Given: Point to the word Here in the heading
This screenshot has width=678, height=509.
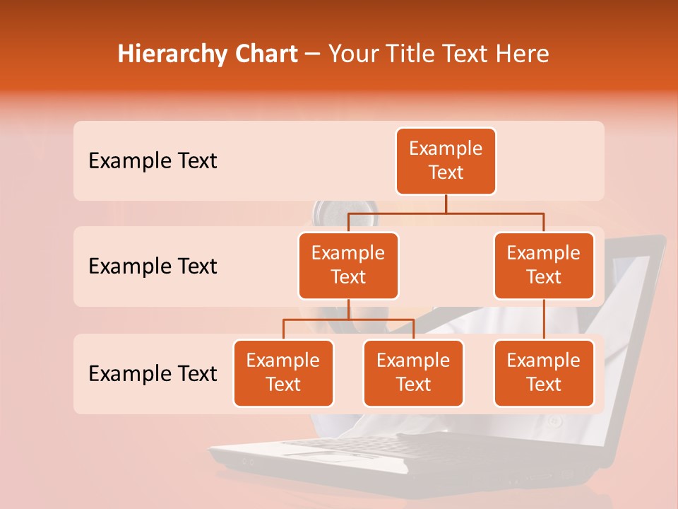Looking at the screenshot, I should (522, 54).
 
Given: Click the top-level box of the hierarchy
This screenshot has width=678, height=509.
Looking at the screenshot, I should (446, 160).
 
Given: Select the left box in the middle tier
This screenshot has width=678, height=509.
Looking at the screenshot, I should (348, 265).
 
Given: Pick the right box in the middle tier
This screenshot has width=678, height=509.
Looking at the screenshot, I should (543, 265).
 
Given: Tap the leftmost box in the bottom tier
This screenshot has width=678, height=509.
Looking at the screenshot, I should (283, 373).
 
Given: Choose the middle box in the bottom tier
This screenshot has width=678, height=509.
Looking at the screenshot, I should (413, 373).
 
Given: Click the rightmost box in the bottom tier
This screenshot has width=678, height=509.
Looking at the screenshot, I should (543, 373).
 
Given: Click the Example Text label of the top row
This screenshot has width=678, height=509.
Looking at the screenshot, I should (153, 161).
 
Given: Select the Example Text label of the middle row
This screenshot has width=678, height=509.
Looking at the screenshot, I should (153, 267).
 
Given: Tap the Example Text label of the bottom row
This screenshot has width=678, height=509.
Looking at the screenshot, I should (153, 373).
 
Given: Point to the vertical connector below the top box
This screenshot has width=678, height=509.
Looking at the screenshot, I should (446, 204).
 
